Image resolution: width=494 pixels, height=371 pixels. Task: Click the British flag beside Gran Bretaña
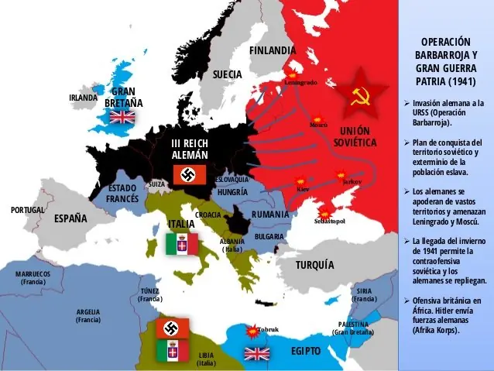click(x=122, y=117)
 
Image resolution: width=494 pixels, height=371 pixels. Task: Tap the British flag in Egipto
click(x=256, y=354)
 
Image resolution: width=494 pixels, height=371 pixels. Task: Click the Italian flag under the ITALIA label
click(x=182, y=244)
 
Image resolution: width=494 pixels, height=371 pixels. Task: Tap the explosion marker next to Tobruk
click(x=250, y=329)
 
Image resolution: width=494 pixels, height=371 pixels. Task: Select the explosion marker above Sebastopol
click(x=327, y=211)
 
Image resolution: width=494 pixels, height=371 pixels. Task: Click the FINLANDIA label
click(x=273, y=50)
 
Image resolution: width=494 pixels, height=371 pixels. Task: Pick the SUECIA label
click(x=228, y=74)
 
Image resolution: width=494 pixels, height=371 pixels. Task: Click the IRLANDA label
click(x=83, y=98)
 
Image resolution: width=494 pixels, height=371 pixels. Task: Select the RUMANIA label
click(x=270, y=215)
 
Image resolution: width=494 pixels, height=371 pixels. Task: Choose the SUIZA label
click(x=156, y=184)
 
